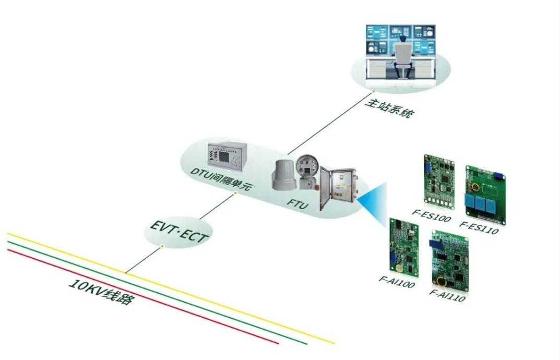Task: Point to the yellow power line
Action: point(209,298)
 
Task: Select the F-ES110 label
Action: point(479,228)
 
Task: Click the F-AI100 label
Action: point(397,282)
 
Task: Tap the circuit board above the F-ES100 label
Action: point(438,180)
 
